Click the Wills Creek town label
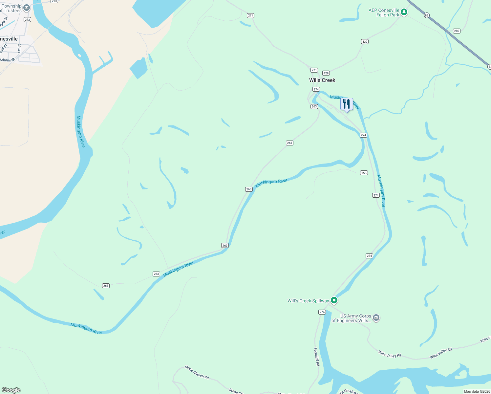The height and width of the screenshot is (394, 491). click(322, 80)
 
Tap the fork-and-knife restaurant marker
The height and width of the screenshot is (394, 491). click(347, 104)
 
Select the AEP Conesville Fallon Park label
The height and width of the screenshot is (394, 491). click(384, 12)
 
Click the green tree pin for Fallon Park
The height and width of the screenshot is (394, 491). click(404, 12)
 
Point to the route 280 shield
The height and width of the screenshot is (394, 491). click(457, 31)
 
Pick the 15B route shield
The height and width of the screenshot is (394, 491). click(364, 173)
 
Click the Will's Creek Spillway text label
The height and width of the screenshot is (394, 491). click(308, 301)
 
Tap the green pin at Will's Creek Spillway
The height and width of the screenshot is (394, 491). click(334, 300)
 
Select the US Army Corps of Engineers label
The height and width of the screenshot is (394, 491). click(352, 318)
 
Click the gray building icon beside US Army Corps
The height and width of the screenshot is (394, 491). click(376, 317)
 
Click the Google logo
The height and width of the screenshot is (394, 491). click(11, 390)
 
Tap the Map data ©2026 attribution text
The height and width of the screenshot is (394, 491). click(477, 391)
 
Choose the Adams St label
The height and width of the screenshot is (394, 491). click(8, 60)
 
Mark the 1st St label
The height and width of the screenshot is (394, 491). click(19, 48)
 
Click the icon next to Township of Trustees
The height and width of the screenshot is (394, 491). click(27, 8)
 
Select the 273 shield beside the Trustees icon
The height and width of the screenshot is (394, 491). click(27, 20)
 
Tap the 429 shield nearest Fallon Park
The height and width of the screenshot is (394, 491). click(365, 41)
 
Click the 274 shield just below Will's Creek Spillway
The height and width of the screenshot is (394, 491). click(322, 312)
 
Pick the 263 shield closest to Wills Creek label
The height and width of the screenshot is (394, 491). click(314, 106)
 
